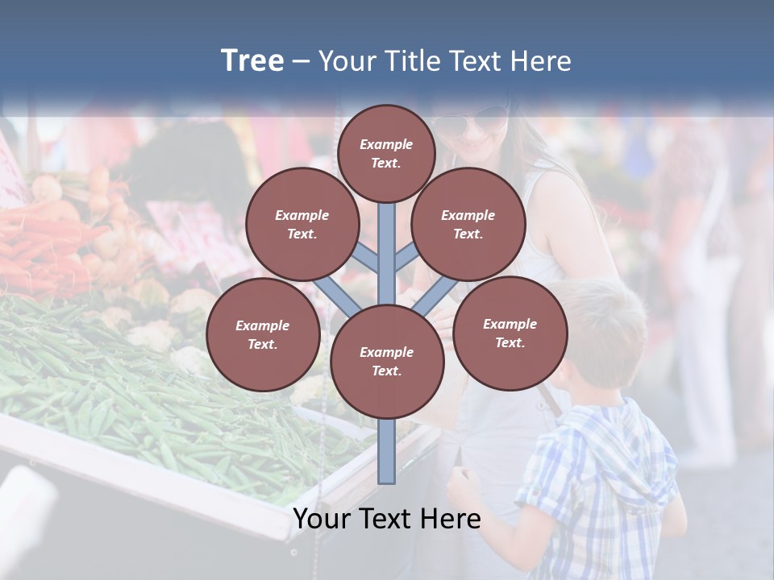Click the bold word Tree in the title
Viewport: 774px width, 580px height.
(252, 61)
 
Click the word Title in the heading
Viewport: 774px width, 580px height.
(411, 61)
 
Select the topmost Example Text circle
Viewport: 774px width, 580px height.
(386, 153)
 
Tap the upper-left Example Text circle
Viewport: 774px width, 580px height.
(302, 224)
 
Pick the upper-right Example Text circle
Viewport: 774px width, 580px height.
(468, 224)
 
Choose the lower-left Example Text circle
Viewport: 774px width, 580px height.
(262, 334)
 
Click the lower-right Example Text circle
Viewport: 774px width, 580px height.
(510, 333)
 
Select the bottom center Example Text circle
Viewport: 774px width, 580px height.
(386, 361)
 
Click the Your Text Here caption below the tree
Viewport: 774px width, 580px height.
(386, 519)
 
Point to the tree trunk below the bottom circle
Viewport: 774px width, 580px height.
(387, 451)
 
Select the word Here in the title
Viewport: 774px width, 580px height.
(541, 61)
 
